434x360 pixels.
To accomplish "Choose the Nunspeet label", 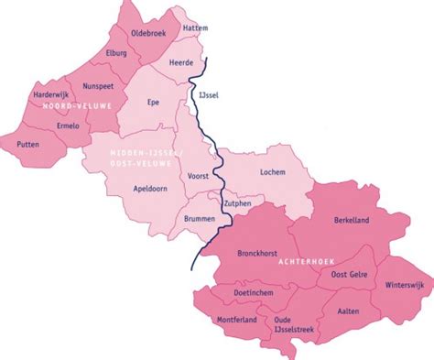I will [x=97, y=86].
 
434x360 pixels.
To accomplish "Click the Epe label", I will [x=153, y=104].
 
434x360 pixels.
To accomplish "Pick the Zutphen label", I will [x=236, y=203].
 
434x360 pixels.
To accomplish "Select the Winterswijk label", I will [x=404, y=285].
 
